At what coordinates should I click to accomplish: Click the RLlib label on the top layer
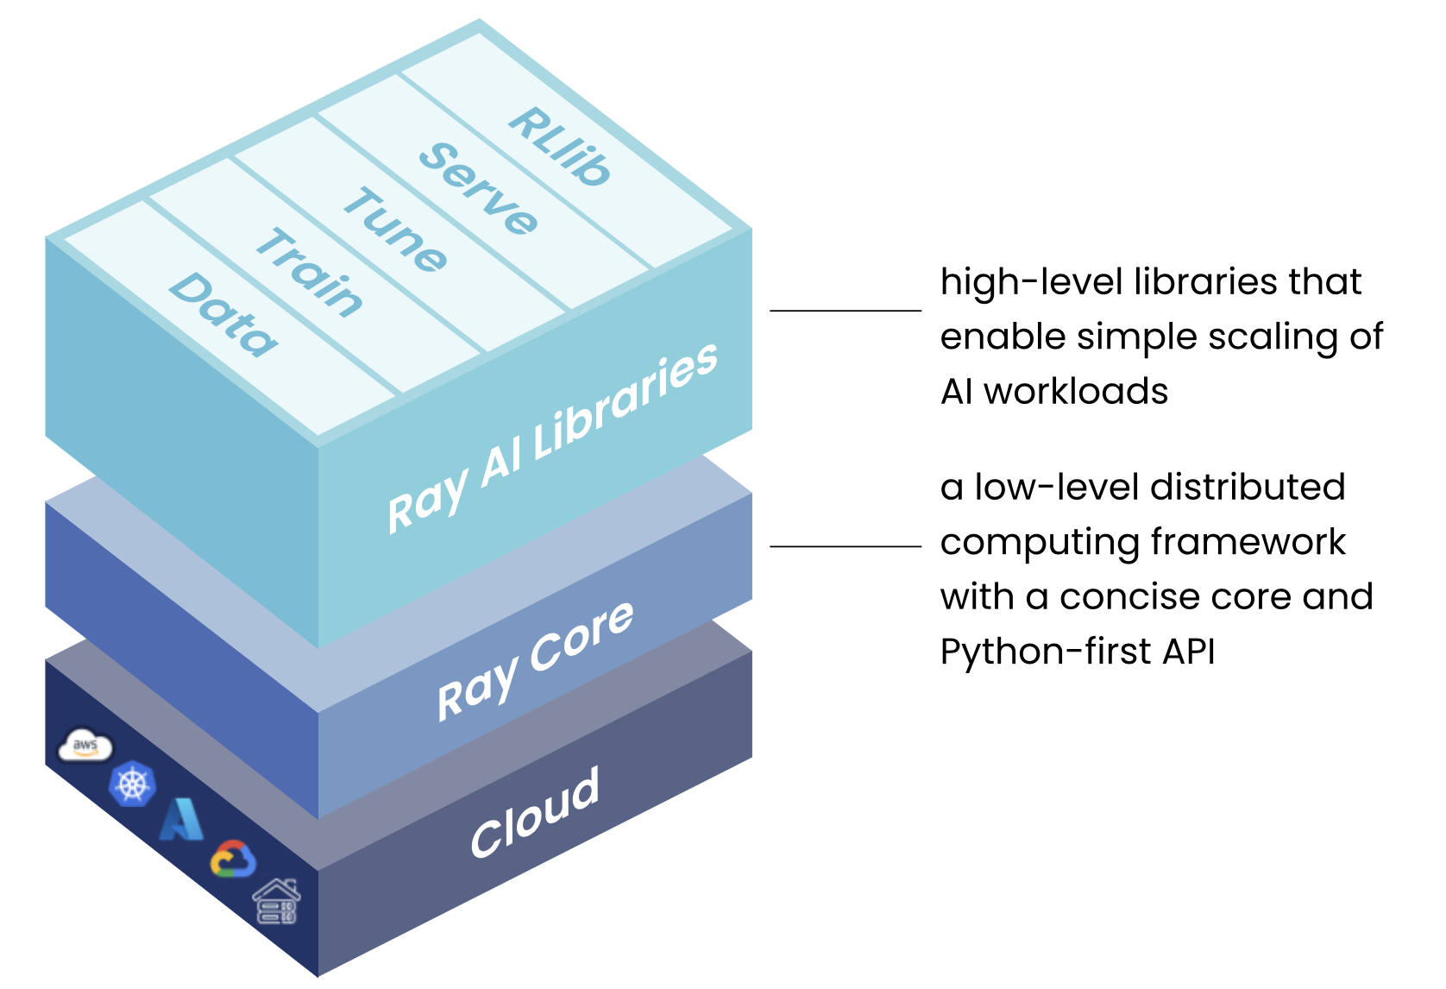coord(560,146)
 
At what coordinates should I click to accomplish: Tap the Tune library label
coord(395,230)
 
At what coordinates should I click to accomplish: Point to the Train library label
coord(310,273)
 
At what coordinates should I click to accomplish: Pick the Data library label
coord(223,314)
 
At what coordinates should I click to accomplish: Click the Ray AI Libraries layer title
coord(552,438)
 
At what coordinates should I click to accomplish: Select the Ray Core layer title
coord(536,660)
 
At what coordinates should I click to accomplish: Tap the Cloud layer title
coord(535,813)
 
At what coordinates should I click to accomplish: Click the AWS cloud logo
coord(85,746)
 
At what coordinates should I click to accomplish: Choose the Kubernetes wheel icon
coord(132,784)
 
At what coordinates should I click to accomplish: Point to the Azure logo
coord(182,820)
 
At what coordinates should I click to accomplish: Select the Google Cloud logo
coord(233,860)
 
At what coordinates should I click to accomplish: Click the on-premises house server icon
coord(277,902)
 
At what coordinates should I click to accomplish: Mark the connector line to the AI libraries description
coord(846,310)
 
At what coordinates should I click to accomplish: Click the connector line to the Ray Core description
coord(846,546)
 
